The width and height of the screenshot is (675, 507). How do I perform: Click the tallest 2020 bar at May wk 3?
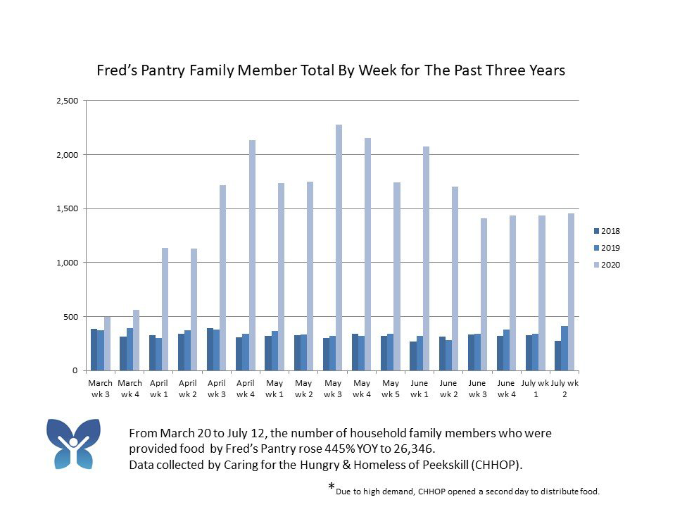coord(339,247)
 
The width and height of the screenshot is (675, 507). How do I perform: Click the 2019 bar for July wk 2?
coord(564,349)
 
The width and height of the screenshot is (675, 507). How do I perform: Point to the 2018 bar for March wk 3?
coord(94,350)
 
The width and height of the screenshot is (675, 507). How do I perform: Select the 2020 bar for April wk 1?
coord(165,309)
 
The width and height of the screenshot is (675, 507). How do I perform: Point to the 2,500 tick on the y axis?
coord(67,101)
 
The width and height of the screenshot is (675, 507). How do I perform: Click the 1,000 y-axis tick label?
coord(67,263)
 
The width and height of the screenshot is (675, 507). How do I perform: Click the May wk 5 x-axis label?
coord(391,389)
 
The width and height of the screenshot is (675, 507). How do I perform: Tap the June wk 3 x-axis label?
coord(477,389)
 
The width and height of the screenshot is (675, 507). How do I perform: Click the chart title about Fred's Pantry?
coord(331,71)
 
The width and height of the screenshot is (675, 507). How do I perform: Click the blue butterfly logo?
coord(73,444)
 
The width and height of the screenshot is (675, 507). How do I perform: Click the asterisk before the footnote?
coord(331,487)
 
